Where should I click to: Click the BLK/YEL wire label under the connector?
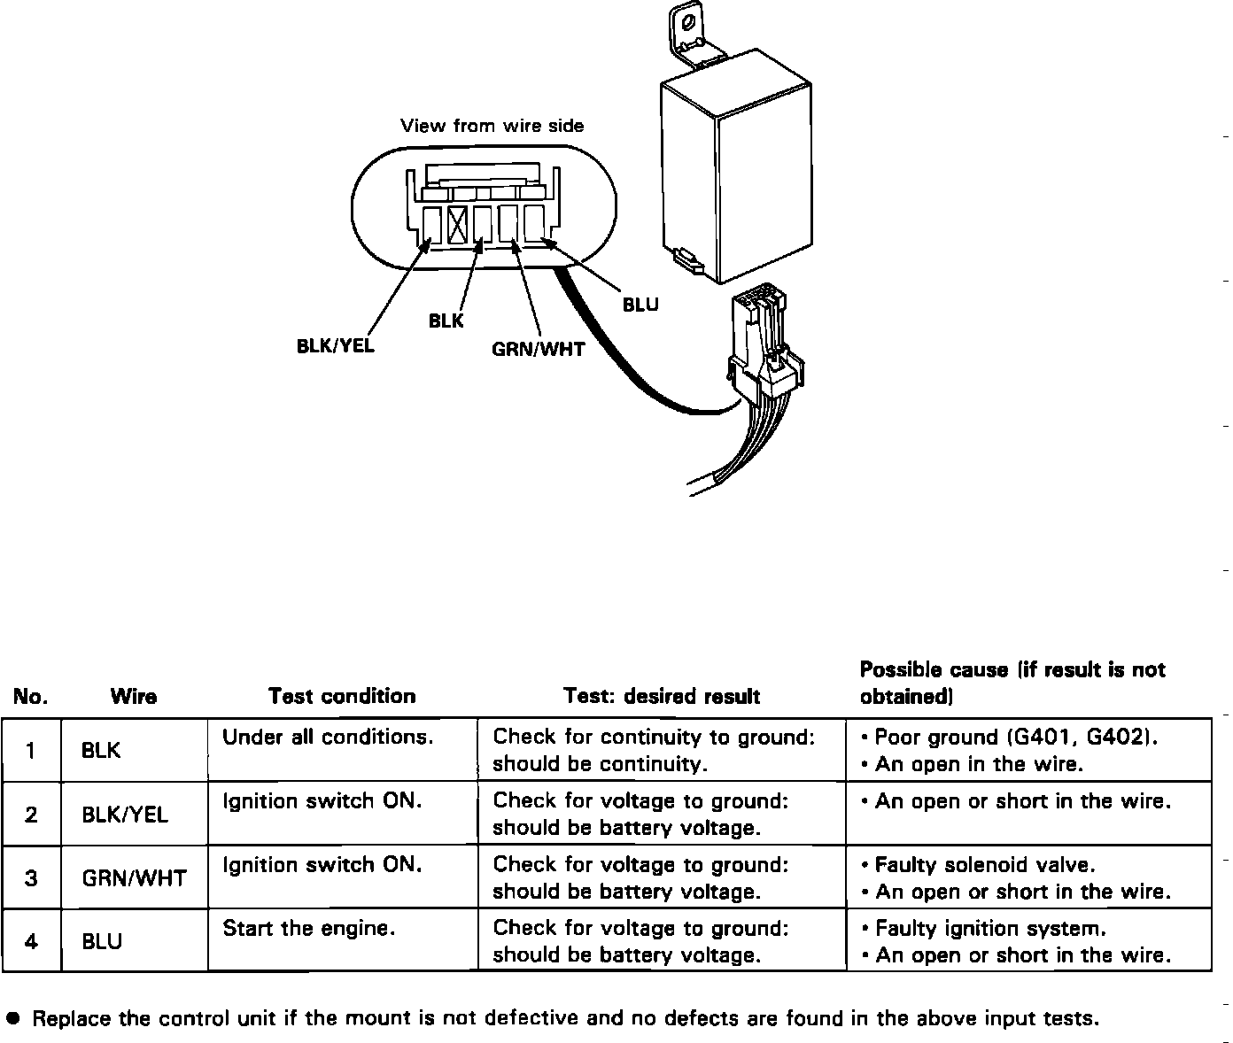coord(335,345)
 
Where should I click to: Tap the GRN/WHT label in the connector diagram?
coord(538,349)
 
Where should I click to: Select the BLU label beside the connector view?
coord(640,305)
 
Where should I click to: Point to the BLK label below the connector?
coord(446,321)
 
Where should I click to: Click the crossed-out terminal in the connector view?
coord(457,223)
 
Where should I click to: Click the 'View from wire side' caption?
coord(492,126)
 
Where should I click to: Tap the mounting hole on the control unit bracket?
coord(688,20)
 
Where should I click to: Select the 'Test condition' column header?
coord(342,696)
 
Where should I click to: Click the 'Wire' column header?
coord(134,697)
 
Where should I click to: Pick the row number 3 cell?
coord(31,877)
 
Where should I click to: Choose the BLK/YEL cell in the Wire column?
coord(125,814)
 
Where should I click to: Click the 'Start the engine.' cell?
coord(308,928)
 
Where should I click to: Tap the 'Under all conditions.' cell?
coord(328,737)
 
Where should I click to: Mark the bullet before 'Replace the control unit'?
coord(12,1018)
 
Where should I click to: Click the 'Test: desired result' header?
coord(662,696)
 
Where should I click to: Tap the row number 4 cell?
coord(31,941)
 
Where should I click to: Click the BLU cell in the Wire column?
coord(102,941)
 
